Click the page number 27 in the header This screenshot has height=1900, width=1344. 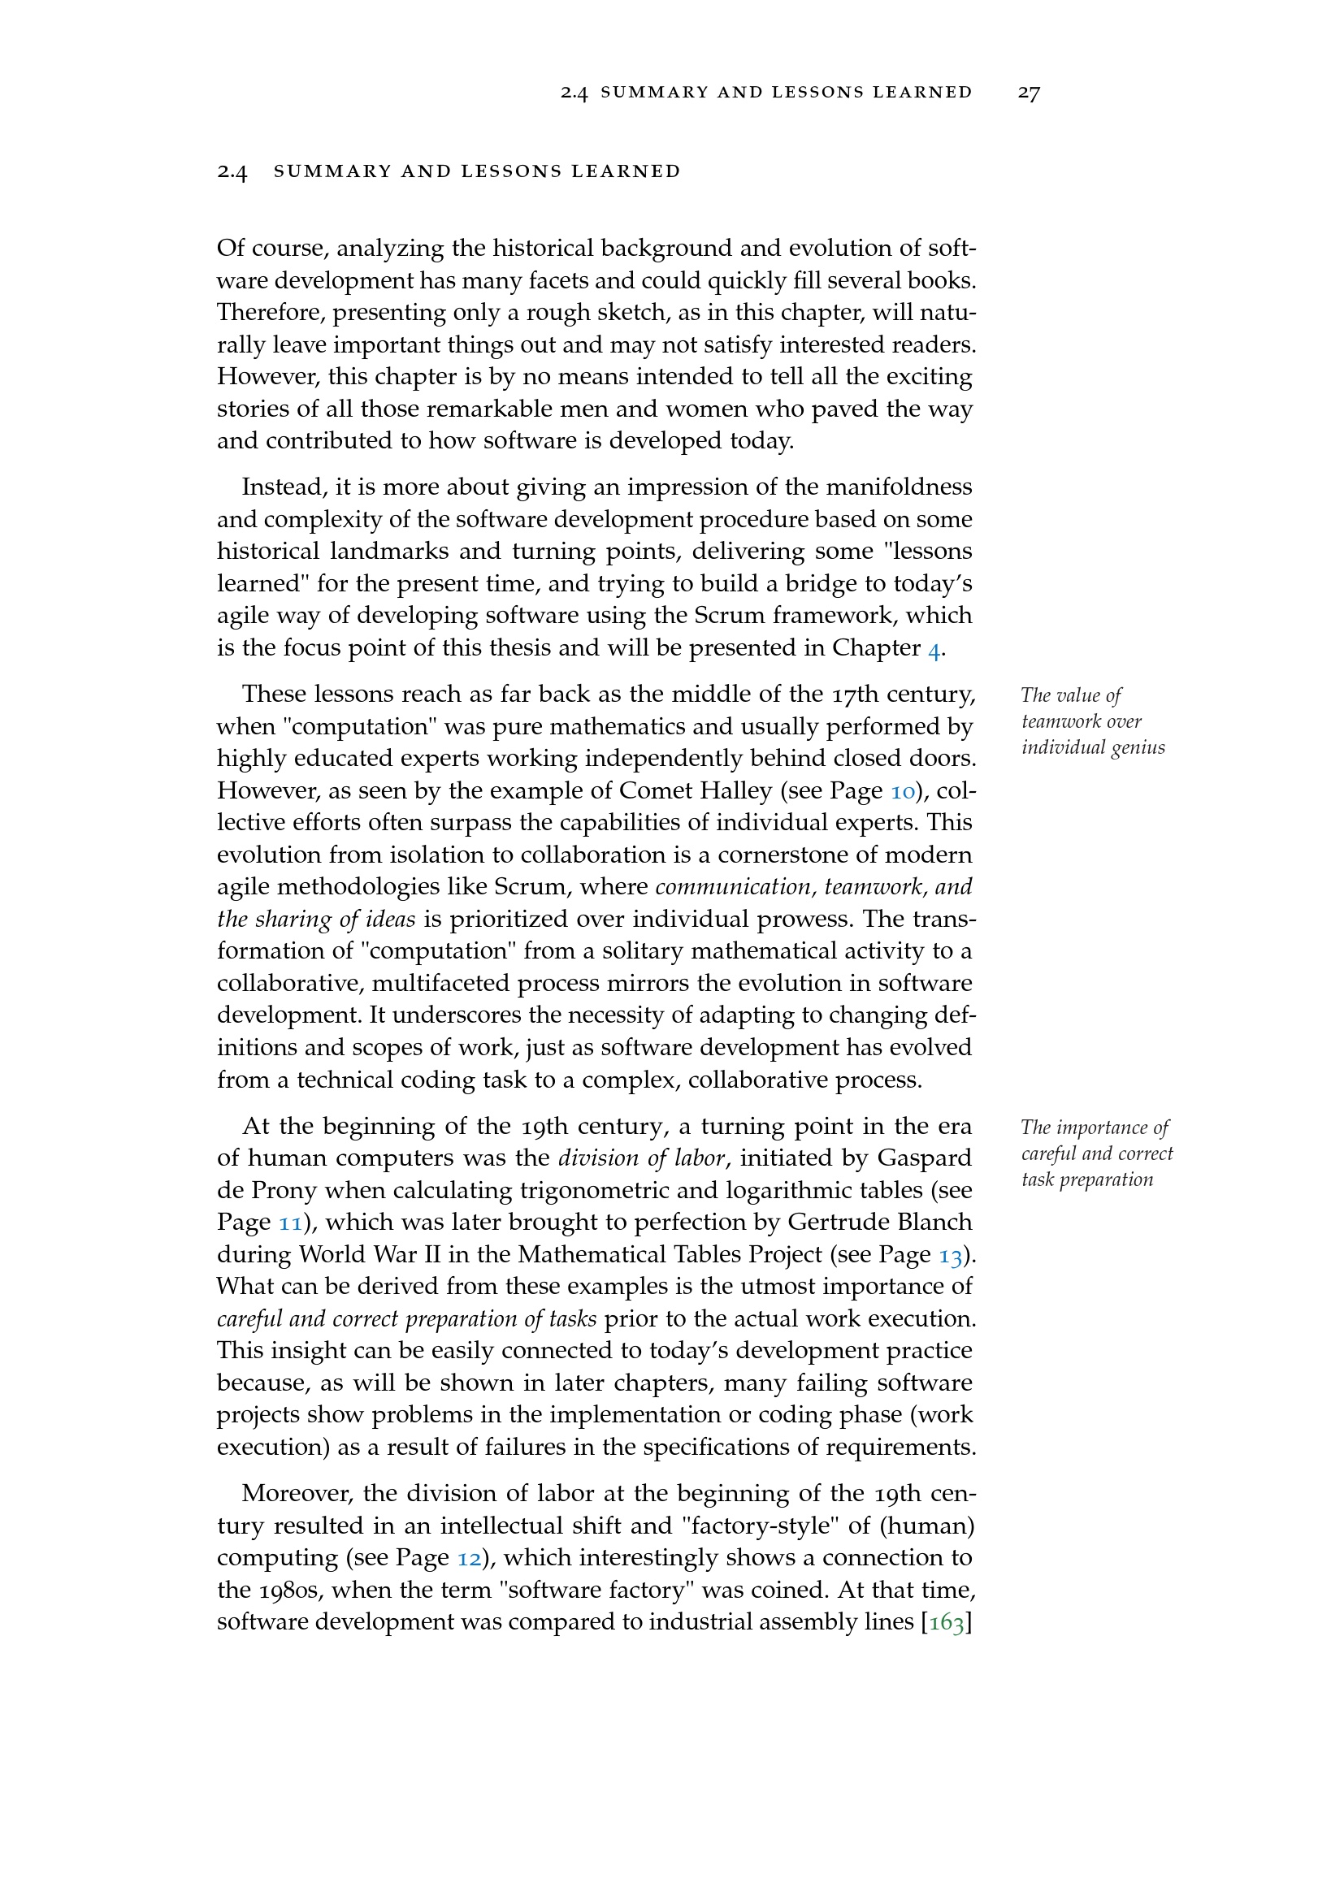click(x=1028, y=93)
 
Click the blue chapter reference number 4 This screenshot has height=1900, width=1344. click(x=934, y=649)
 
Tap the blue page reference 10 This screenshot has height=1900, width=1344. click(x=902, y=792)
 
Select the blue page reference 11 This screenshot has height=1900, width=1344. click(x=288, y=1223)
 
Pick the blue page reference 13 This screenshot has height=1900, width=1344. click(x=950, y=1256)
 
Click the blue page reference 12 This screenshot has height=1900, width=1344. click(x=469, y=1558)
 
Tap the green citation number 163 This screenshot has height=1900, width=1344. click(x=946, y=1623)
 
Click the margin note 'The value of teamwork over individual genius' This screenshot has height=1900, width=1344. click(x=1091, y=721)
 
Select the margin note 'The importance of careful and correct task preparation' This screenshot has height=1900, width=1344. click(x=1095, y=1153)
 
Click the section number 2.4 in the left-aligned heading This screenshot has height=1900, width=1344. click(x=232, y=171)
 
